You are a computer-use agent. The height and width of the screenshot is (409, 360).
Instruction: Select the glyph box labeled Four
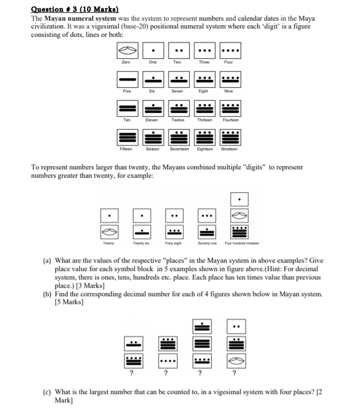(x=228, y=50)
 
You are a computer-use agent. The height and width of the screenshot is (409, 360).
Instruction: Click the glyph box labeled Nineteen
(x=228, y=136)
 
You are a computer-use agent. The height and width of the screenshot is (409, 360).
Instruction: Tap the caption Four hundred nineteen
(x=239, y=243)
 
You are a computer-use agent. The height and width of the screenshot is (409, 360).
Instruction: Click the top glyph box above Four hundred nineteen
(x=239, y=199)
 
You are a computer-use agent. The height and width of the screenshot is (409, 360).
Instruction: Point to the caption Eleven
(x=151, y=120)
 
